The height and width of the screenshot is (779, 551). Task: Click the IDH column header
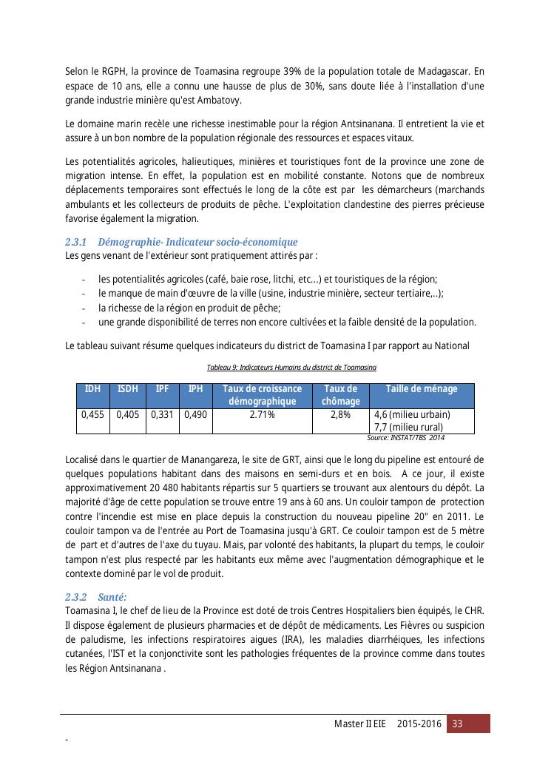click(x=92, y=389)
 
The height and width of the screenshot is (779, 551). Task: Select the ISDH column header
click(x=128, y=389)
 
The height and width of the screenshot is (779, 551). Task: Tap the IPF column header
click(x=163, y=389)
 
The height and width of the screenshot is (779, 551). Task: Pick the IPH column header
click(x=195, y=389)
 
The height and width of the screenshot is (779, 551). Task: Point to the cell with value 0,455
click(x=92, y=415)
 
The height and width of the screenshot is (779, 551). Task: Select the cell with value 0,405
click(x=128, y=415)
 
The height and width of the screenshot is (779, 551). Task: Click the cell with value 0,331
click(x=163, y=415)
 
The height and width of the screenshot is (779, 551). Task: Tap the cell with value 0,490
click(x=195, y=415)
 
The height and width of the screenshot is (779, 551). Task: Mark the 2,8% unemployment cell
click(x=340, y=415)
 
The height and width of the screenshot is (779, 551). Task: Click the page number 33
click(x=458, y=724)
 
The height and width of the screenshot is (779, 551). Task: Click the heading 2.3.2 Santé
click(x=96, y=596)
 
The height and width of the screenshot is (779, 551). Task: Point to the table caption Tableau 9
click(x=291, y=368)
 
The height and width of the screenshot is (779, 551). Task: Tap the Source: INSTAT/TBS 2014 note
click(x=405, y=438)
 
